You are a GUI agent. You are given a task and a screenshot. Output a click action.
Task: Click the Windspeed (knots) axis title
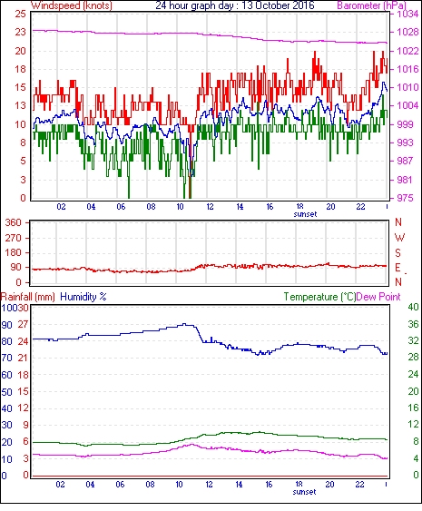(72, 5)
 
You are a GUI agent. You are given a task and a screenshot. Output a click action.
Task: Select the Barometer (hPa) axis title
(372, 5)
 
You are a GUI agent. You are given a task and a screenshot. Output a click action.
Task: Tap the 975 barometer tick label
(405, 198)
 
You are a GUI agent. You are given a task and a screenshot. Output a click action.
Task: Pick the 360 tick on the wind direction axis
(14, 223)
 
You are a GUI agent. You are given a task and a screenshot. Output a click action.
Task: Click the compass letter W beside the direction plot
(399, 237)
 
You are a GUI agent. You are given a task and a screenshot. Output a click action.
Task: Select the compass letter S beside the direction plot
(397, 252)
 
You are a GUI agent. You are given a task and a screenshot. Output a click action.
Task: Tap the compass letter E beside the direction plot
(397, 268)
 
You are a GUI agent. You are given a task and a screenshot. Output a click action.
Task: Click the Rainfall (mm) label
(28, 297)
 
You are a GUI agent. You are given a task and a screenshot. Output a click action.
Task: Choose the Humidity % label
(83, 297)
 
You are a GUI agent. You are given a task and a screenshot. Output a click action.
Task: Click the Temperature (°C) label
(319, 297)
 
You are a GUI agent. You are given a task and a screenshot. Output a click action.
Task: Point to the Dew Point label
(378, 297)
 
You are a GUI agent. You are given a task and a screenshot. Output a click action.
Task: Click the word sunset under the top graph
(305, 214)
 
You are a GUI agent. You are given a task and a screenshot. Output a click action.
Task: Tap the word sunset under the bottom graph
(304, 492)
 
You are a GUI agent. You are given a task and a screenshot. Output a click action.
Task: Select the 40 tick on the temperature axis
(413, 307)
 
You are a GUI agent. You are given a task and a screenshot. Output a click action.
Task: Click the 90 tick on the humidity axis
(6, 325)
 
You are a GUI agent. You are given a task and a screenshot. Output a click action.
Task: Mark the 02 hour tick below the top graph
(61, 207)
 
